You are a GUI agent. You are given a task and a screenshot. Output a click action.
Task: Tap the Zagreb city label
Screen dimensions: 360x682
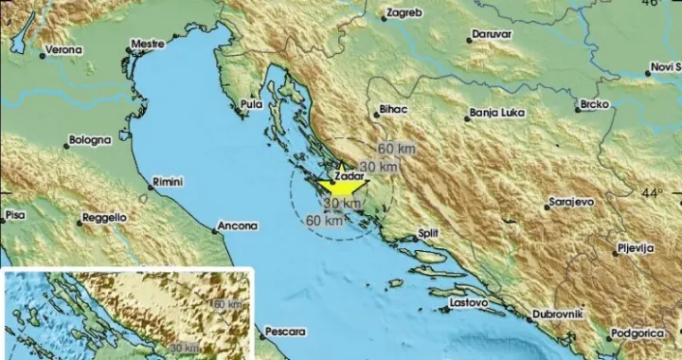click(x=408, y=14)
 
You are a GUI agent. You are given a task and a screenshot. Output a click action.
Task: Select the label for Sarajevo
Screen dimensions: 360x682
click(x=572, y=203)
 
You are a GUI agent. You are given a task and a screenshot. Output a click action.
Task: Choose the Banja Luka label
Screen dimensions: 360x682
click(x=497, y=115)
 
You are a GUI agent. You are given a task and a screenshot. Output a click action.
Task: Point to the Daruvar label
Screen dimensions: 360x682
click(x=492, y=34)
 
